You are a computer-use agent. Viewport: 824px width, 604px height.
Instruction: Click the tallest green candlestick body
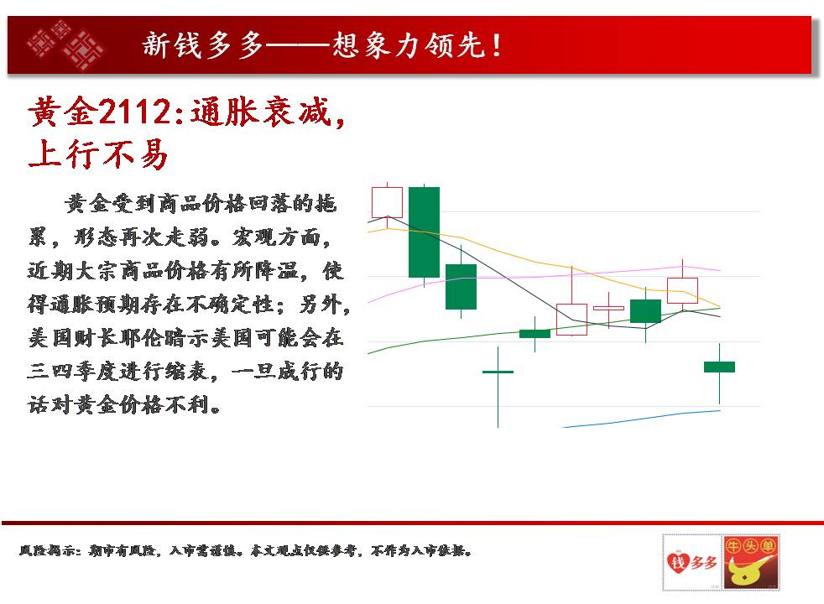424,232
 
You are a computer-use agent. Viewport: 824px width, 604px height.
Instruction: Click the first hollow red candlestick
388,202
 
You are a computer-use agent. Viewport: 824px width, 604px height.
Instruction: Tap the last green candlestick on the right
719,367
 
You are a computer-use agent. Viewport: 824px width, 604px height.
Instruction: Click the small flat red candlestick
608,309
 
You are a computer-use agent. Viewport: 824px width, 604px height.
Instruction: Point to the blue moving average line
641,419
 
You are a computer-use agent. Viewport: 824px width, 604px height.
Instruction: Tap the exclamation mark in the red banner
496,45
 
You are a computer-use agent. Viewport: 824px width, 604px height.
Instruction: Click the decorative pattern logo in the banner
65,44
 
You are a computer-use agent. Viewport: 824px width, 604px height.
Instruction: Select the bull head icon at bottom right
751,563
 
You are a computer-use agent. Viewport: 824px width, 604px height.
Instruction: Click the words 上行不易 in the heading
98,154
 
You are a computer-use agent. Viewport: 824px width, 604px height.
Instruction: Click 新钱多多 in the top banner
202,44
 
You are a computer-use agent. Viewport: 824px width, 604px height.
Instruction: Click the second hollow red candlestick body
571,320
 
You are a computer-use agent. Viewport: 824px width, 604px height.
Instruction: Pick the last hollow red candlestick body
683,290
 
